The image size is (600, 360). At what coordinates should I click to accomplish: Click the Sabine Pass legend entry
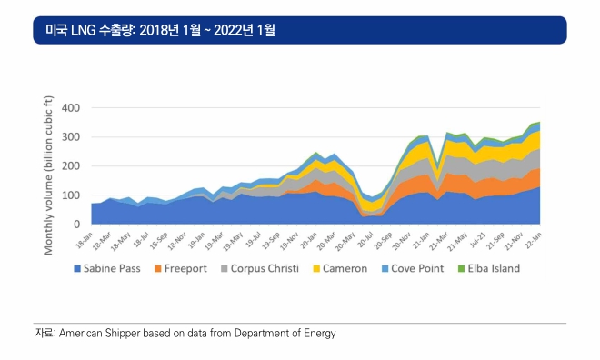(107, 268)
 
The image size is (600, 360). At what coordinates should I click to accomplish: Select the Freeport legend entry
(181, 268)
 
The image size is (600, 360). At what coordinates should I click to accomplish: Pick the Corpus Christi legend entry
(260, 268)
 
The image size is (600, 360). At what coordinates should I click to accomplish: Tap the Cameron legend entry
(340, 268)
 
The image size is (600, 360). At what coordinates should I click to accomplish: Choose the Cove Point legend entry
(413, 268)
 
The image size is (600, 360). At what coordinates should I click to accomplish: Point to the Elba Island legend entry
(489, 268)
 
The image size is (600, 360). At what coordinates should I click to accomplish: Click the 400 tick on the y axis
(71, 108)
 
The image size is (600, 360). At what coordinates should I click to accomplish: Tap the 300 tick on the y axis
(71, 137)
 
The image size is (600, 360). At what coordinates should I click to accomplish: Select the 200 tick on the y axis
(71, 166)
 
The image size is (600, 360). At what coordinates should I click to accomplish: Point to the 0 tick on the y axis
(77, 225)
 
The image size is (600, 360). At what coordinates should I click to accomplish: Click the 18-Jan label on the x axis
(85, 240)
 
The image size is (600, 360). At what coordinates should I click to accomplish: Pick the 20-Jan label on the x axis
(309, 240)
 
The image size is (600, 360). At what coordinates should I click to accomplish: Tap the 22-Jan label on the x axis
(533, 240)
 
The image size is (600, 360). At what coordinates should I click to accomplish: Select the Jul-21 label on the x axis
(477, 240)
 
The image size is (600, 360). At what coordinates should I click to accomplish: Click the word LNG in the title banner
(83, 30)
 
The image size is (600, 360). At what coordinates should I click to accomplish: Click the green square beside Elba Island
(462, 269)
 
